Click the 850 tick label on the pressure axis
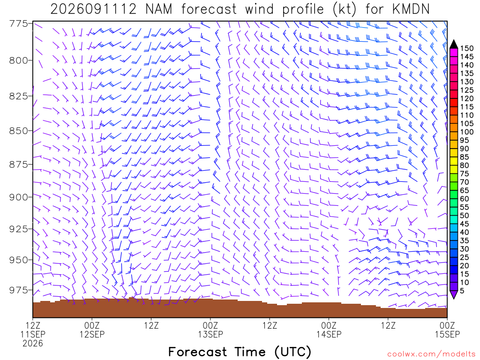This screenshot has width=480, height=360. [x=19, y=131]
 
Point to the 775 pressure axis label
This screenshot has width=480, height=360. [x=19, y=23]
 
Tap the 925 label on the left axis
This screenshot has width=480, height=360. [x=19, y=229]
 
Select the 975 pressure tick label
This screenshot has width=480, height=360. [x=19, y=290]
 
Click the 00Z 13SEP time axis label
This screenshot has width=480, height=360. [x=210, y=330]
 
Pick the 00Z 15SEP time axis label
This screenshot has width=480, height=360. [x=447, y=330]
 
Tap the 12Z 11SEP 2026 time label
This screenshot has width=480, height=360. [x=33, y=334]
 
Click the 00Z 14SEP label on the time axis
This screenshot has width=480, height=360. [x=329, y=330]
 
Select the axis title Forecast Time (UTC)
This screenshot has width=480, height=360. [x=240, y=352]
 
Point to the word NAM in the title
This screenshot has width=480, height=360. [x=158, y=9]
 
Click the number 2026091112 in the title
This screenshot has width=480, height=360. [x=93, y=9]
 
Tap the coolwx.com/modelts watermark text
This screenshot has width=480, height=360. [x=431, y=354]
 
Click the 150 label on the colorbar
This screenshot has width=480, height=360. [x=467, y=48]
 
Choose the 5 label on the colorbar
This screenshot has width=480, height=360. [x=462, y=291]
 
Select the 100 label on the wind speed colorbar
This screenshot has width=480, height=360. [x=467, y=132]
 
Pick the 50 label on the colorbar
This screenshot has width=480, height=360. [x=465, y=216]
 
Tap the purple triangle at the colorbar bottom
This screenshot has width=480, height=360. [x=454, y=294]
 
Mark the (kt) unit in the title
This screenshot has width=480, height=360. [x=345, y=9]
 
